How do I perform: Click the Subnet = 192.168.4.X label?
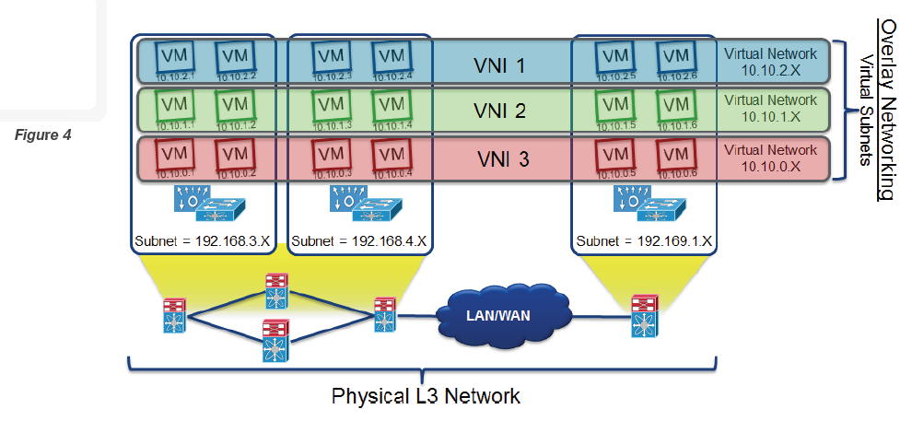click(359, 243)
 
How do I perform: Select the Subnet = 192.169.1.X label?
click(644, 243)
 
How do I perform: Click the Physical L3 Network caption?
click(426, 396)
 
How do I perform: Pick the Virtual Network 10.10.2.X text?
click(770, 62)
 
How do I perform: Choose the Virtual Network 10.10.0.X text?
click(770, 157)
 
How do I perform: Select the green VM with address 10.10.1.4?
click(391, 106)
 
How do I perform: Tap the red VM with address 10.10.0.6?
click(674, 154)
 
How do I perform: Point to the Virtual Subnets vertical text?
click(865, 109)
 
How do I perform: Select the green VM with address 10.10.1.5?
click(614, 106)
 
